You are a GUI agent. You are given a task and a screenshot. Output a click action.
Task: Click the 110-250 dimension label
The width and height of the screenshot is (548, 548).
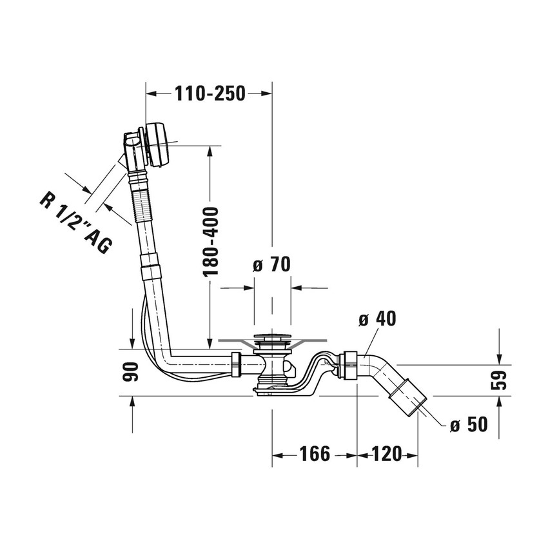tap(210, 93)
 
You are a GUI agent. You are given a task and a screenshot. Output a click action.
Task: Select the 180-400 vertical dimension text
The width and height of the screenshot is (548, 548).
tap(211, 242)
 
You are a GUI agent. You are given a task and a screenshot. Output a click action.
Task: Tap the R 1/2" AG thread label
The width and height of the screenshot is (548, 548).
tap(76, 222)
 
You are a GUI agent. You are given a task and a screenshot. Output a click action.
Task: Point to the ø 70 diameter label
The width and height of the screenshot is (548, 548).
tap(271, 264)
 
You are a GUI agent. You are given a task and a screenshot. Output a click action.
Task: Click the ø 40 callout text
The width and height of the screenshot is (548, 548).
tap(377, 318)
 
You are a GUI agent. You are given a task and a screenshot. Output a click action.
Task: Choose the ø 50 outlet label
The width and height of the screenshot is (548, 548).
tap(469, 425)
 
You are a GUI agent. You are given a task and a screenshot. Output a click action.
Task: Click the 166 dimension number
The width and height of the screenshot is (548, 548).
tap(315, 454)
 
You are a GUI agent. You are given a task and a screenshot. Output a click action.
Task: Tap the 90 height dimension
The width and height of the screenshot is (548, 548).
tap(131, 371)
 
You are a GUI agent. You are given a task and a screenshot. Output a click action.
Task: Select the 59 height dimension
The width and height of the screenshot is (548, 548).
tap(498, 380)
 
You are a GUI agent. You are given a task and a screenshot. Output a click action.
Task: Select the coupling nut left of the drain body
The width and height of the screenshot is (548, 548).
tap(237, 364)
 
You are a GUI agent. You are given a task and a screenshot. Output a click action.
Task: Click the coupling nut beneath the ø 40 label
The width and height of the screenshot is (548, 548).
tap(347, 364)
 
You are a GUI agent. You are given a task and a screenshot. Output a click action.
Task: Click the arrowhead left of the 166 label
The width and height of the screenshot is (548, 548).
tap(277, 455)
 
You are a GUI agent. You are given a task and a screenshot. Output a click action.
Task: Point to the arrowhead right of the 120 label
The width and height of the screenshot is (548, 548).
tap(413, 455)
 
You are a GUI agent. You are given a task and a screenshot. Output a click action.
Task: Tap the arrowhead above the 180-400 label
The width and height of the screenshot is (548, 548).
tap(210, 152)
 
